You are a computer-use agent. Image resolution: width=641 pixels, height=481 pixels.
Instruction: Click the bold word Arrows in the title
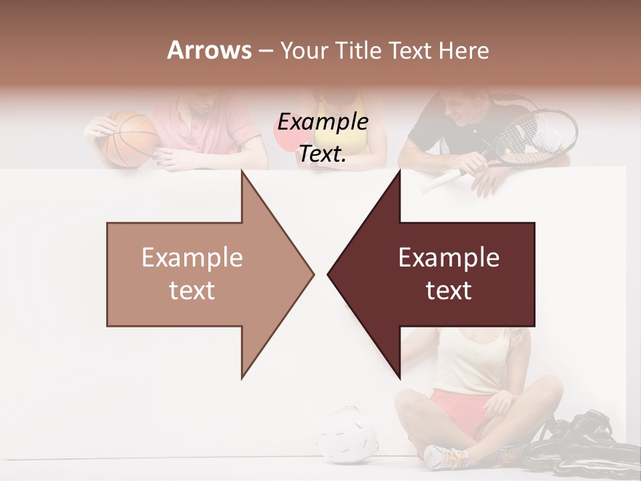tap(209, 51)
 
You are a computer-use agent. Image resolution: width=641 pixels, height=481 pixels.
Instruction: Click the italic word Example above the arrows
tap(323, 122)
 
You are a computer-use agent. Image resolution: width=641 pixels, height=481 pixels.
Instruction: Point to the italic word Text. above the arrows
tap(323, 154)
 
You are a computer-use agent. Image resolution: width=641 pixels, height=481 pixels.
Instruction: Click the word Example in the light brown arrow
tap(192, 258)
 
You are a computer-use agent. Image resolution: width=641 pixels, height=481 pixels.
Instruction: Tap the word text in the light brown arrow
tap(192, 291)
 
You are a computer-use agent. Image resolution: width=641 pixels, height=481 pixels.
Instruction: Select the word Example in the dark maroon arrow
tap(449, 258)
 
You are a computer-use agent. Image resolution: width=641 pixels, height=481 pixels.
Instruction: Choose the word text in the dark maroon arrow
tap(449, 291)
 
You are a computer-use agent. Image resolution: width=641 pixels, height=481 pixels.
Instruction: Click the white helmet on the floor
tap(347, 434)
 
